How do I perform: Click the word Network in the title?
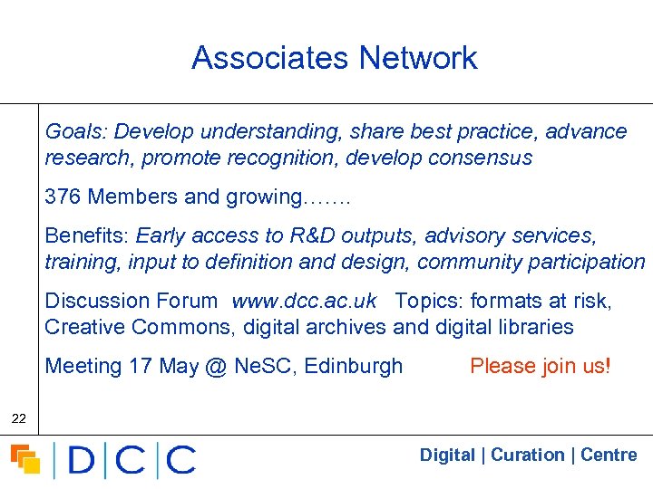pos(417,58)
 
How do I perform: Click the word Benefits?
pos(87,236)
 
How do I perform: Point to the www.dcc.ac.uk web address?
pos(304,302)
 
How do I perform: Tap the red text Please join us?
pos(541,367)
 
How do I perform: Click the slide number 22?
pos(18,418)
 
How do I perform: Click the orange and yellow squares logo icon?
pos(25,460)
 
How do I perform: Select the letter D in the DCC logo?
pos(82,460)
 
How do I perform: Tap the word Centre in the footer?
pos(609,455)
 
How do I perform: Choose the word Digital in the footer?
pos(447,455)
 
